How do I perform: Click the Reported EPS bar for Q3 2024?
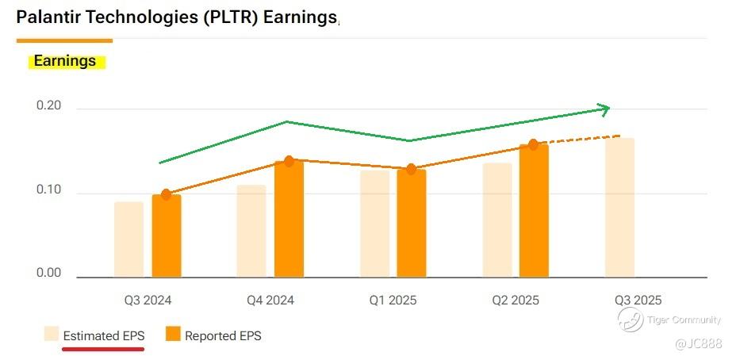click(167, 236)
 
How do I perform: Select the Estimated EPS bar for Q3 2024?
click(128, 239)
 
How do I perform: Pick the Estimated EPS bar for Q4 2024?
click(251, 231)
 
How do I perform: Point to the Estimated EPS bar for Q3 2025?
click(619, 208)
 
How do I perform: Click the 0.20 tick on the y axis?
click(48, 108)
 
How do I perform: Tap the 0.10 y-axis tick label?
click(48, 193)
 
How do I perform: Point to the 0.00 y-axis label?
click(48, 273)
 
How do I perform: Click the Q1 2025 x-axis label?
click(393, 301)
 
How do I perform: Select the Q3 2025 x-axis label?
click(638, 301)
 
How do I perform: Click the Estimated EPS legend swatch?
click(51, 335)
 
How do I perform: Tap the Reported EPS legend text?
click(223, 335)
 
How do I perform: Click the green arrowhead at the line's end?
click(604, 109)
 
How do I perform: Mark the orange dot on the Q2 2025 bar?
click(533, 144)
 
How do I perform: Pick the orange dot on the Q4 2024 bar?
click(289, 161)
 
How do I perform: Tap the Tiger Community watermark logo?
click(631, 320)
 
